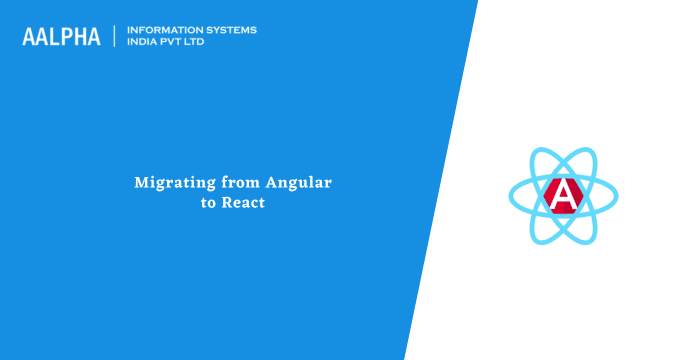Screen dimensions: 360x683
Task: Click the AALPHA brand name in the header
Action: point(61,37)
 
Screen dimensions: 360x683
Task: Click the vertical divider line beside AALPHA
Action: point(115,36)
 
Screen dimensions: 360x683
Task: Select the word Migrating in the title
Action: point(168,183)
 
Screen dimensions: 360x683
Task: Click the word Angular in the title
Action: point(298,183)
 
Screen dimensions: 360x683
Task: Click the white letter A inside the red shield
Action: point(566,194)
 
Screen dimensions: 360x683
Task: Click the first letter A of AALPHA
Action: point(28,37)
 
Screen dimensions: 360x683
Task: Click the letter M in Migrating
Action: point(141,183)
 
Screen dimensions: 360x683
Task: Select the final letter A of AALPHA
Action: point(93,37)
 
